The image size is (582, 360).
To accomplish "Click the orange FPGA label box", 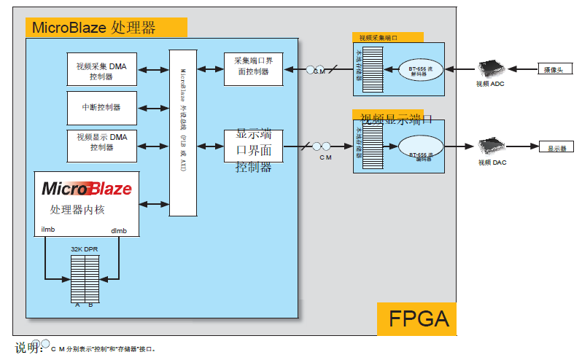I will click(416, 318).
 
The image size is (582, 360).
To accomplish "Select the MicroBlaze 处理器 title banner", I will click(106, 28).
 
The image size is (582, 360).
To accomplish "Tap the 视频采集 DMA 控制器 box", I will click(101, 71).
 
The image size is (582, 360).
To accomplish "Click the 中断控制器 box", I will click(101, 107).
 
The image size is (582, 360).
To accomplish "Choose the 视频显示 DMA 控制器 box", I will click(101, 142).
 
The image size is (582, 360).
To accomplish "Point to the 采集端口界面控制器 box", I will click(253, 69).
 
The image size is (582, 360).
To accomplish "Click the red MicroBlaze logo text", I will click(87, 189).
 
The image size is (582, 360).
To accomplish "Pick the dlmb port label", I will click(119, 231).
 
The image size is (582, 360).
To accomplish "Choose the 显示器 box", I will click(556, 148).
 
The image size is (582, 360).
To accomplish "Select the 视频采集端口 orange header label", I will click(387, 37).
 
